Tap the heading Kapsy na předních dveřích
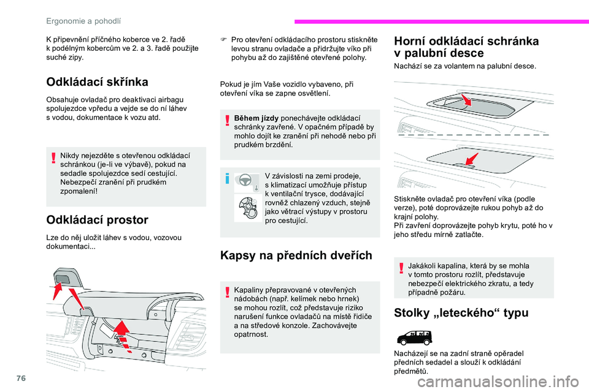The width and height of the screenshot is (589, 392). click(295, 255)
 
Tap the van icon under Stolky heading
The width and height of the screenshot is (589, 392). click(414, 337)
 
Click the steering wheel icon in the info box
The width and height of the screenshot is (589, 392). click(244, 181)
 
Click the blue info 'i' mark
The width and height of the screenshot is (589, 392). click(227, 179)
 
